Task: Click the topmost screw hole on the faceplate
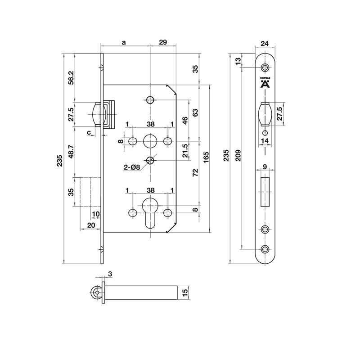tap(265, 67)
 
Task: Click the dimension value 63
tap(196, 112)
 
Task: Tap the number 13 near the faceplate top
tap(238, 60)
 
